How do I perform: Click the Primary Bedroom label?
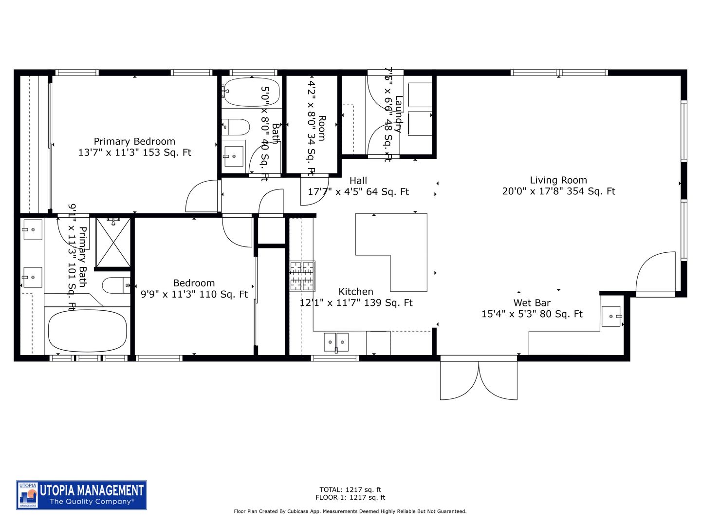(134, 142)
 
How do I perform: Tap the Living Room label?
(558, 180)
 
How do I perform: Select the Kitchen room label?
(356, 292)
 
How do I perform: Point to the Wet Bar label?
(532, 303)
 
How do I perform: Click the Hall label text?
(358, 181)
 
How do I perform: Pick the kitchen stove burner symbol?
(302, 276)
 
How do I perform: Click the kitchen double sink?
(336, 342)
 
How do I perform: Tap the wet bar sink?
(611, 316)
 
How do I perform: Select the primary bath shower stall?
(113, 242)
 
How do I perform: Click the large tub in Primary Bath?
(88, 331)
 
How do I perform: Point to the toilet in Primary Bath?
(116, 285)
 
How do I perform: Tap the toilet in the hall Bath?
(236, 127)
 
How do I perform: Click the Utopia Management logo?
(82, 495)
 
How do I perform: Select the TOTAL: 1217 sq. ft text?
(350, 489)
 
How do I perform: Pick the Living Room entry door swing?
(656, 273)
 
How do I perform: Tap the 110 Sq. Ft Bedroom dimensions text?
(194, 294)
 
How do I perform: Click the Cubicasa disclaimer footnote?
(350, 511)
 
